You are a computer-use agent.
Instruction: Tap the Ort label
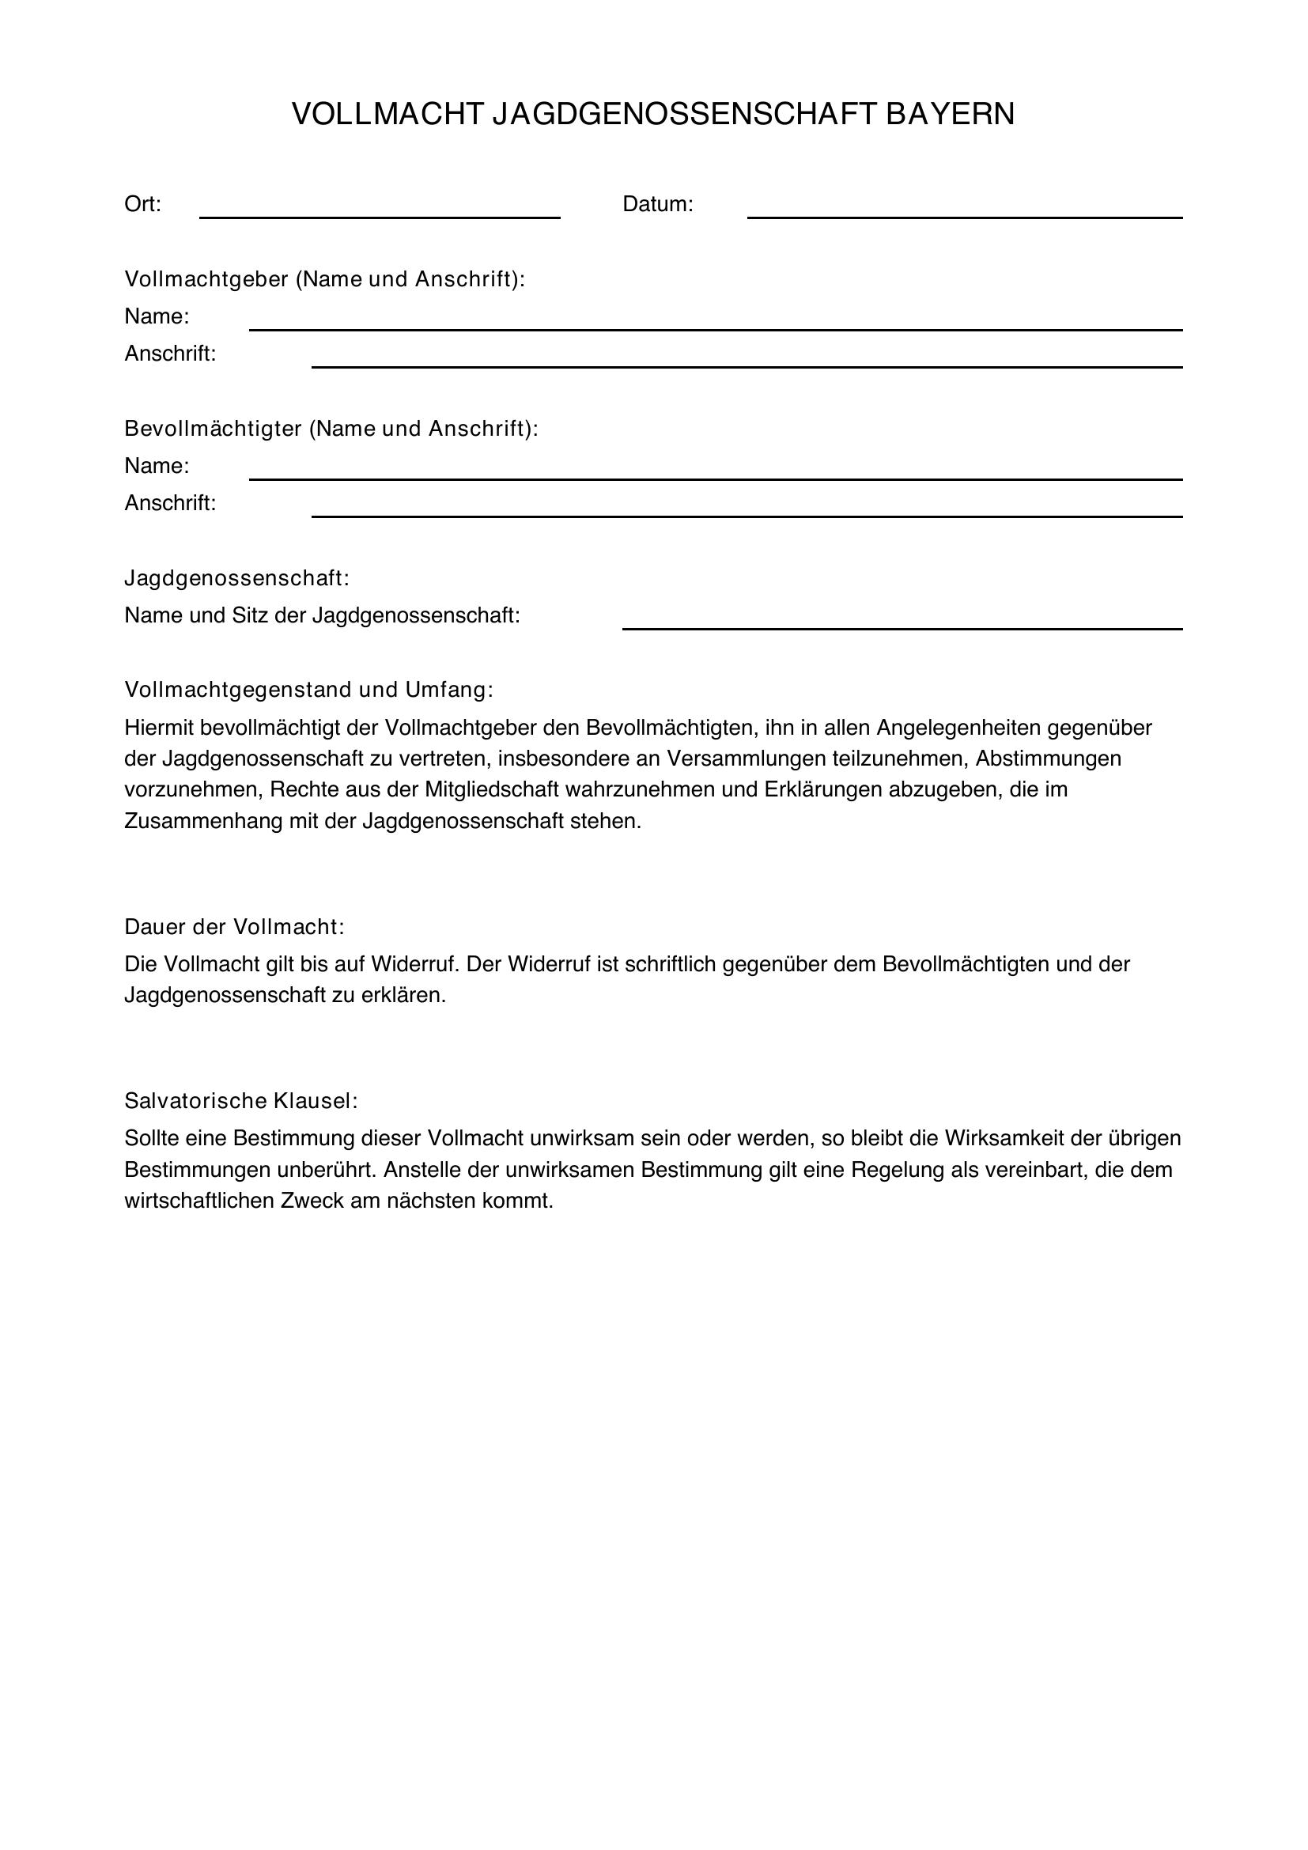(x=142, y=205)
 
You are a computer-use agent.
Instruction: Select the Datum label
(x=657, y=205)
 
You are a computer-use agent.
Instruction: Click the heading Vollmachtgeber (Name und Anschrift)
(x=323, y=279)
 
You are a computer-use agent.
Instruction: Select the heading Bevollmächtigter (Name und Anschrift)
(x=331, y=429)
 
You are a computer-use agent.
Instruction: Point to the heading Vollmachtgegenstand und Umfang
(x=308, y=690)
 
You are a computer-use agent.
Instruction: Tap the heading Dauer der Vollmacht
(x=234, y=928)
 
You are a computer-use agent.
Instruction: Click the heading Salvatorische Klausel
(x=241, y=1101)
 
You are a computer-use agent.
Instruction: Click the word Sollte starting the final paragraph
(x=151, y=1138)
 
